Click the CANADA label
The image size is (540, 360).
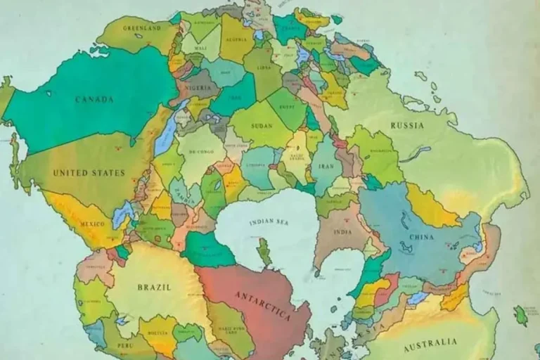point(95,99)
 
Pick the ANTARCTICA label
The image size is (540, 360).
point(262,304)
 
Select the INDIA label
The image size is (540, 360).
point(342,231)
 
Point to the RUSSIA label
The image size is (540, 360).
point(408,125)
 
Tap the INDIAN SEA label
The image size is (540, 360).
point(270,223)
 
